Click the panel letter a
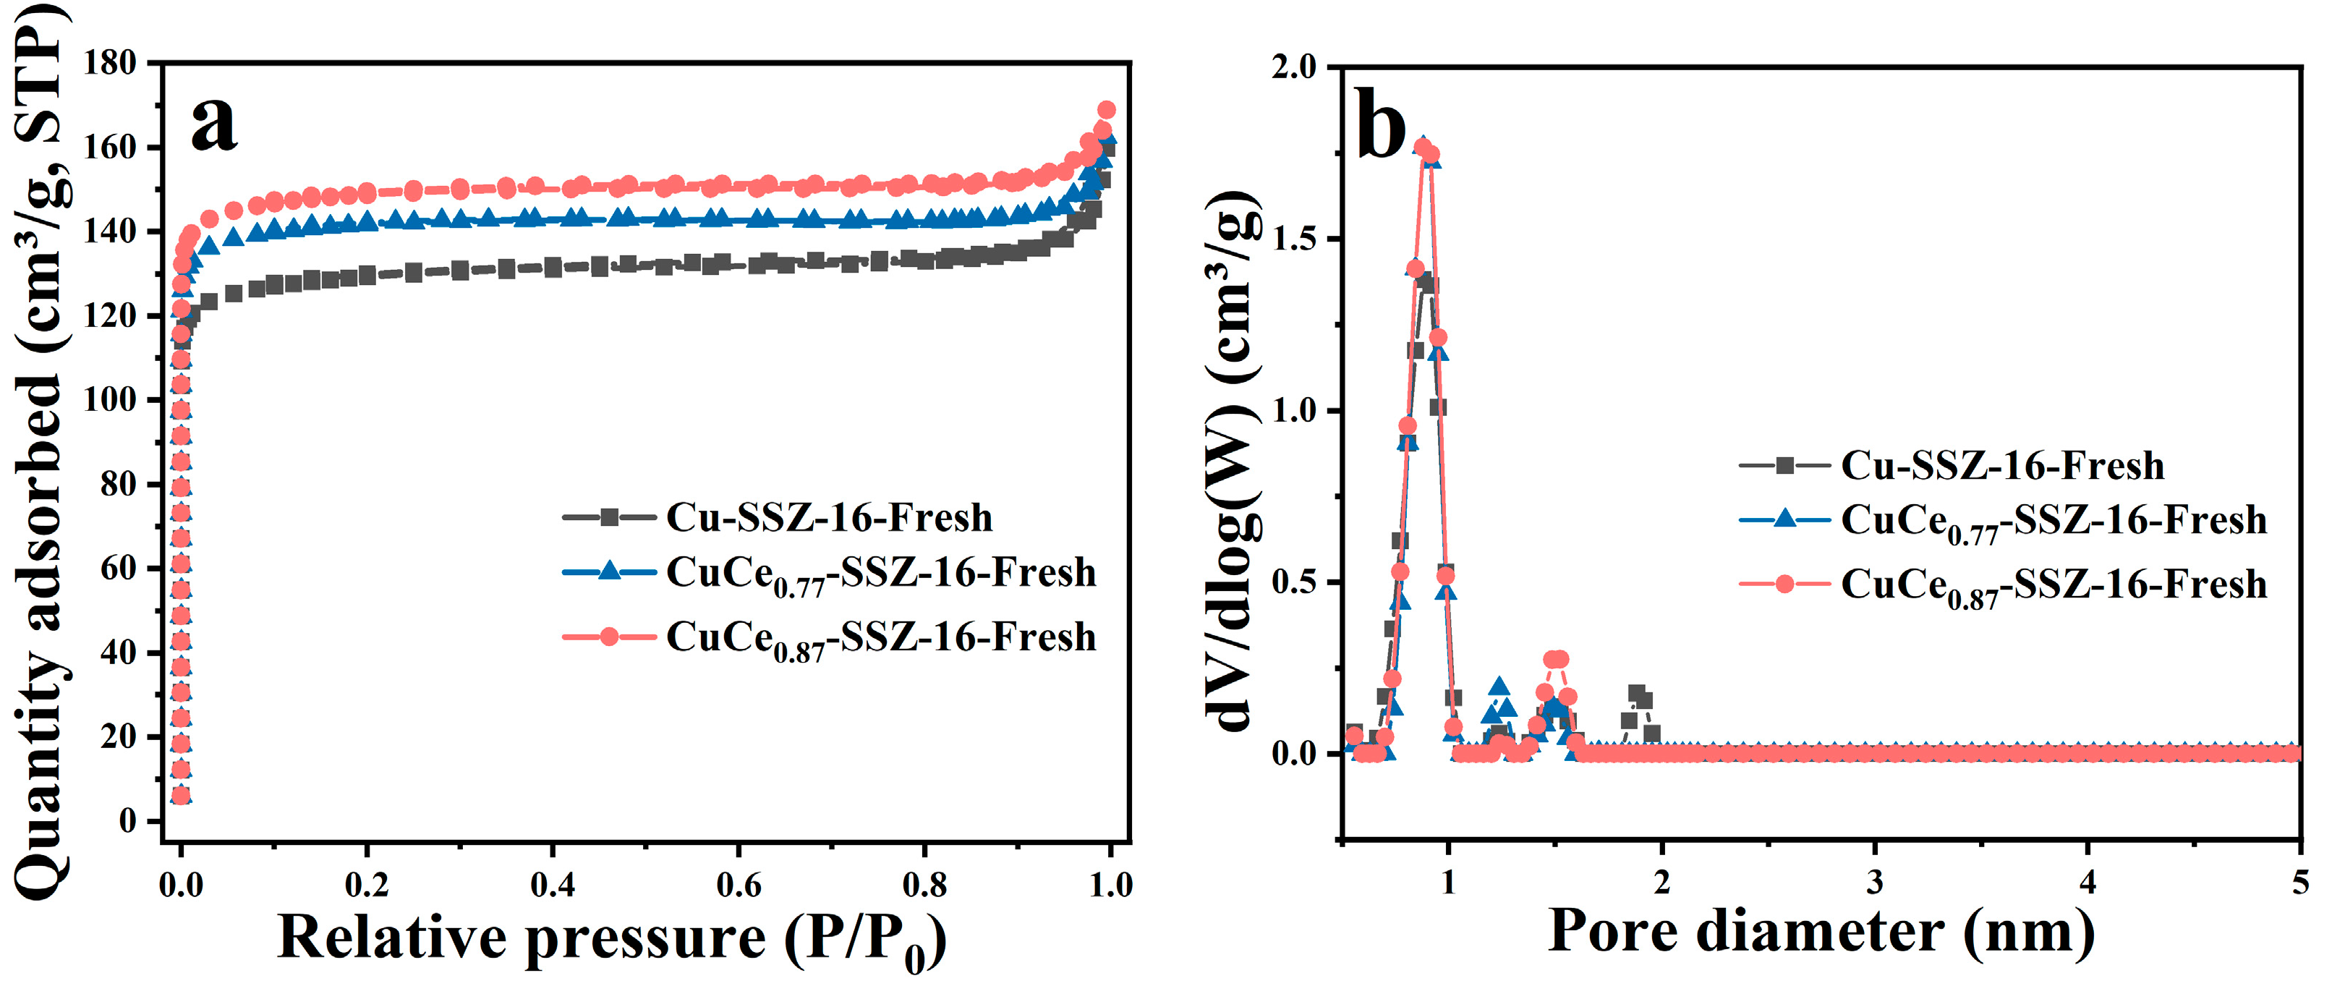click(x=215, y=125)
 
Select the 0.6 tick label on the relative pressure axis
click(x=739, y=885)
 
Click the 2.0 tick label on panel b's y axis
click(x=1295, y=68)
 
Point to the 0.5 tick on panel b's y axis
click(x=1295, y=583)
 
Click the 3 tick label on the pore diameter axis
click(x=1875, y=882)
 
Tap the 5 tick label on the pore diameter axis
click(x=2300, y=882)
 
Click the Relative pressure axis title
click(x=612, y=939)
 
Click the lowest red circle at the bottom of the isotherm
click(x=181, y=796)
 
